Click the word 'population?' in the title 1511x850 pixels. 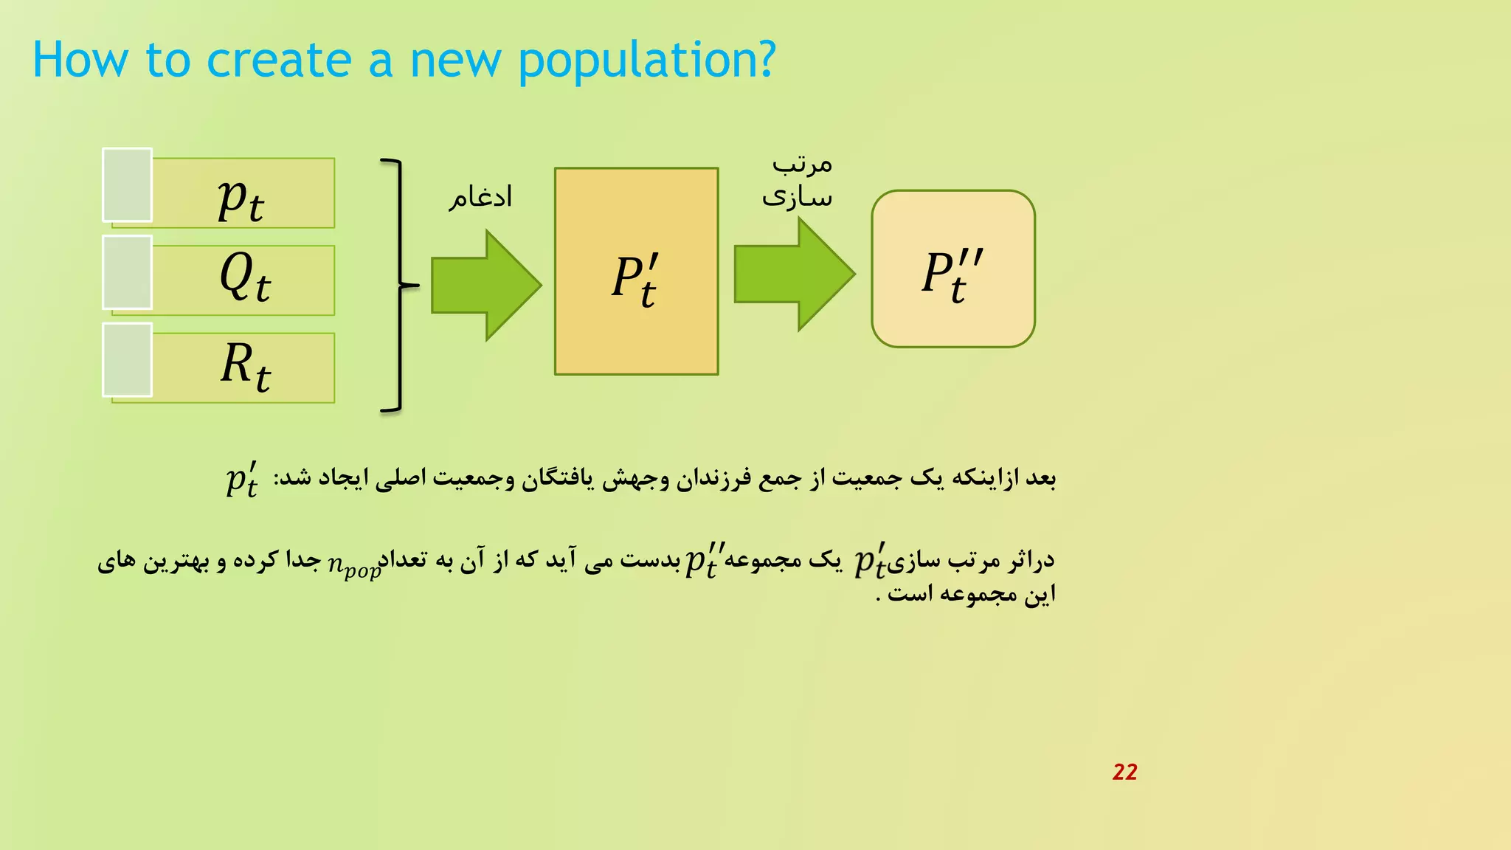pos(646,61)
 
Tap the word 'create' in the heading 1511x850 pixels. pos(279,61)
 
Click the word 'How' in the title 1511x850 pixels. pos(80,61)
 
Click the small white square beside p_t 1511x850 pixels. pos(127,184)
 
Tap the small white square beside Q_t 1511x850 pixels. pos(127,272)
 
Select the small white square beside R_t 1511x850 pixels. pos(127,359)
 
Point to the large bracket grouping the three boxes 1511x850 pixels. pos(398,285)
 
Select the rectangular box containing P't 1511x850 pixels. pos(636,272)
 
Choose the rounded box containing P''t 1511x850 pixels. pos(952,269)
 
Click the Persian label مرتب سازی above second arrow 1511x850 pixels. pos(798,181)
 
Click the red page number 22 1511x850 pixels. pos(1124,772)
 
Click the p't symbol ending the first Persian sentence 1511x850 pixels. pos(242,480)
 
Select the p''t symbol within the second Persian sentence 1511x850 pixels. pos(705,560)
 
